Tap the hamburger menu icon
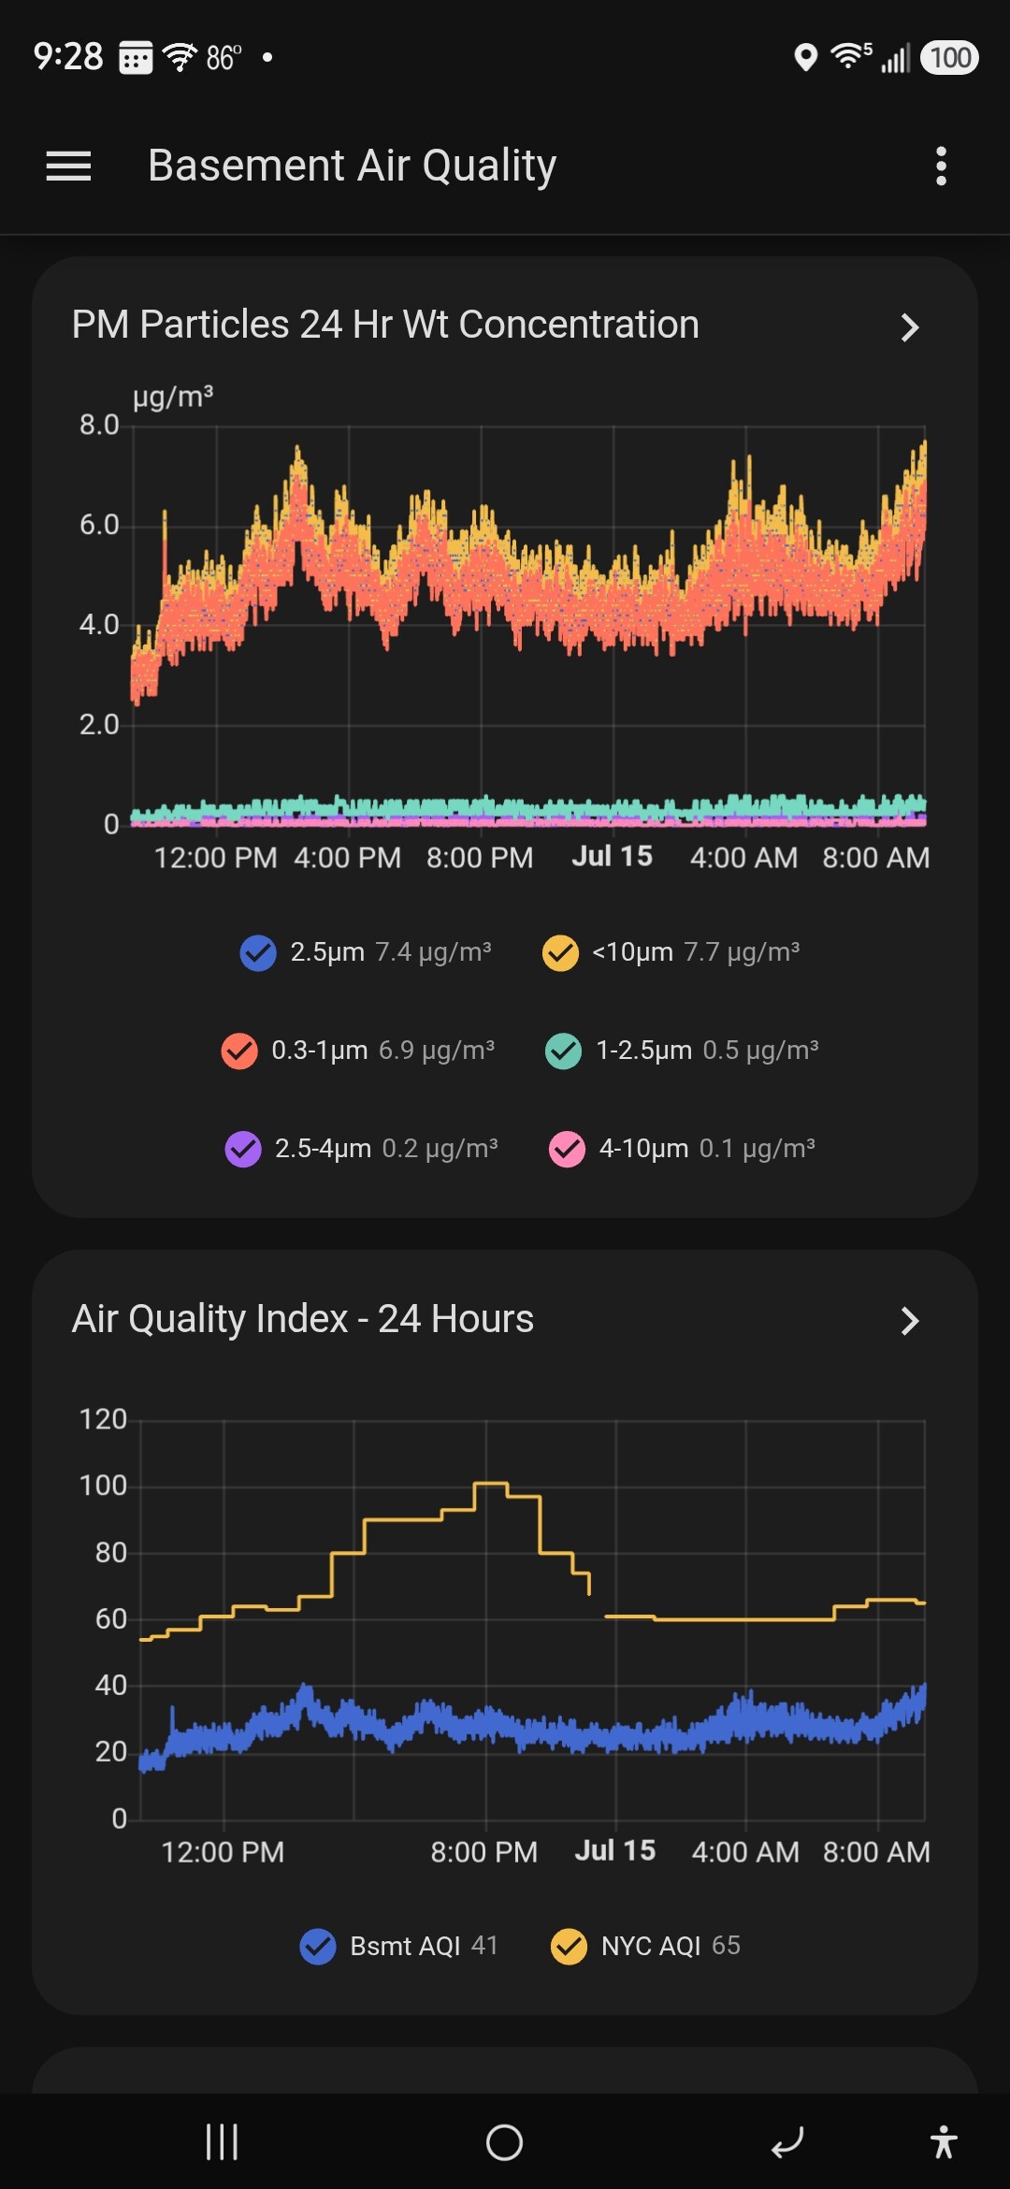point(68,167)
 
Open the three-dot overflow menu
point(941,167)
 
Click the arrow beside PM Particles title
point(909,327)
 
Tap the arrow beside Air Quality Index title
point(909,1321)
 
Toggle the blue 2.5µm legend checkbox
point(258,953)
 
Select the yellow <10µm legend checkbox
point(560,953)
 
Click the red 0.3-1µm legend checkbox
point(239,1051)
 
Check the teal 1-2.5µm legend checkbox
point(563,1051)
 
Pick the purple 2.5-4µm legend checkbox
point(243,1149)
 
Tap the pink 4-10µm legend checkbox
point(567,1149)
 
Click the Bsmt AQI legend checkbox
point(318,1947)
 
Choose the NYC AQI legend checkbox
point(569,1947)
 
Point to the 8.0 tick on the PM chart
point(99,425)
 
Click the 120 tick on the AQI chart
point(103,1419)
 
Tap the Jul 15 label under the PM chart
point(613,856)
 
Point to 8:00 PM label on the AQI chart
point(484,1852)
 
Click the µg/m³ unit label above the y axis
point(173,397)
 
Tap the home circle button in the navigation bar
point(505,2142)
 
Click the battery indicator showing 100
point(950,58)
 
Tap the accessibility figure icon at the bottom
point(944,2141)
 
